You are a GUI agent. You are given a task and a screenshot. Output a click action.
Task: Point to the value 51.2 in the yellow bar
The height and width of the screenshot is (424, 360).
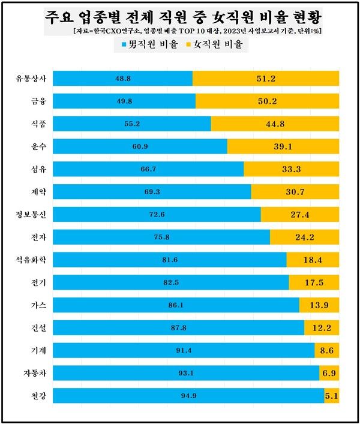point(266,79)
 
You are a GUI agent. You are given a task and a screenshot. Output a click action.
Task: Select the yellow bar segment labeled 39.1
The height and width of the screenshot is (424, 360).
point(283,146)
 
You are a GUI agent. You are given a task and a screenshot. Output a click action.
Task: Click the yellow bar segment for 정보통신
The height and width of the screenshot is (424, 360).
point(300,215)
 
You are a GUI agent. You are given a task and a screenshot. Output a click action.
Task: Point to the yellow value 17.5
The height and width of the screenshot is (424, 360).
point(314,282)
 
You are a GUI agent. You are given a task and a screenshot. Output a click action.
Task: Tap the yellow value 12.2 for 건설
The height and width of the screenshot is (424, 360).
point(322,328)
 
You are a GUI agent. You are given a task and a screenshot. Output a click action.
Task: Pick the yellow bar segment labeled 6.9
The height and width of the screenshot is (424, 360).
point(329,373)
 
